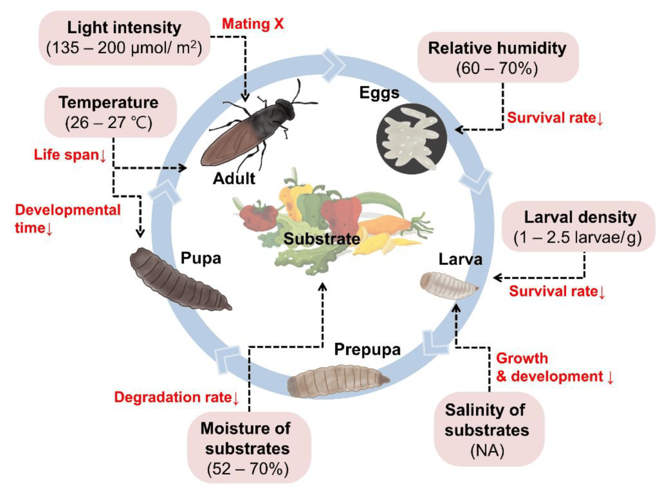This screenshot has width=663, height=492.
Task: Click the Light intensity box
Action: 124,38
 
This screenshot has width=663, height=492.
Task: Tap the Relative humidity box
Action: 497,57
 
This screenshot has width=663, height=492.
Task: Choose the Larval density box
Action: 580,227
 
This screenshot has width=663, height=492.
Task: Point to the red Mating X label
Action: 253,23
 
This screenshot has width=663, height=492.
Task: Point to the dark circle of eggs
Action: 411,139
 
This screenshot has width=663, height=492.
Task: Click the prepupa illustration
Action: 338,380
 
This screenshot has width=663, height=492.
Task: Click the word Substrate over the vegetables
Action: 322,239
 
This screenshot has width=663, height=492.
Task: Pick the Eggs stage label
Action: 379,92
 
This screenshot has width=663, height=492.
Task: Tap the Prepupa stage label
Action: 367,350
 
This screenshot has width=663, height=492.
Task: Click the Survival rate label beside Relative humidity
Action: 555,117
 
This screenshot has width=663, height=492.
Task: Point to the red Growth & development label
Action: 554,367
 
